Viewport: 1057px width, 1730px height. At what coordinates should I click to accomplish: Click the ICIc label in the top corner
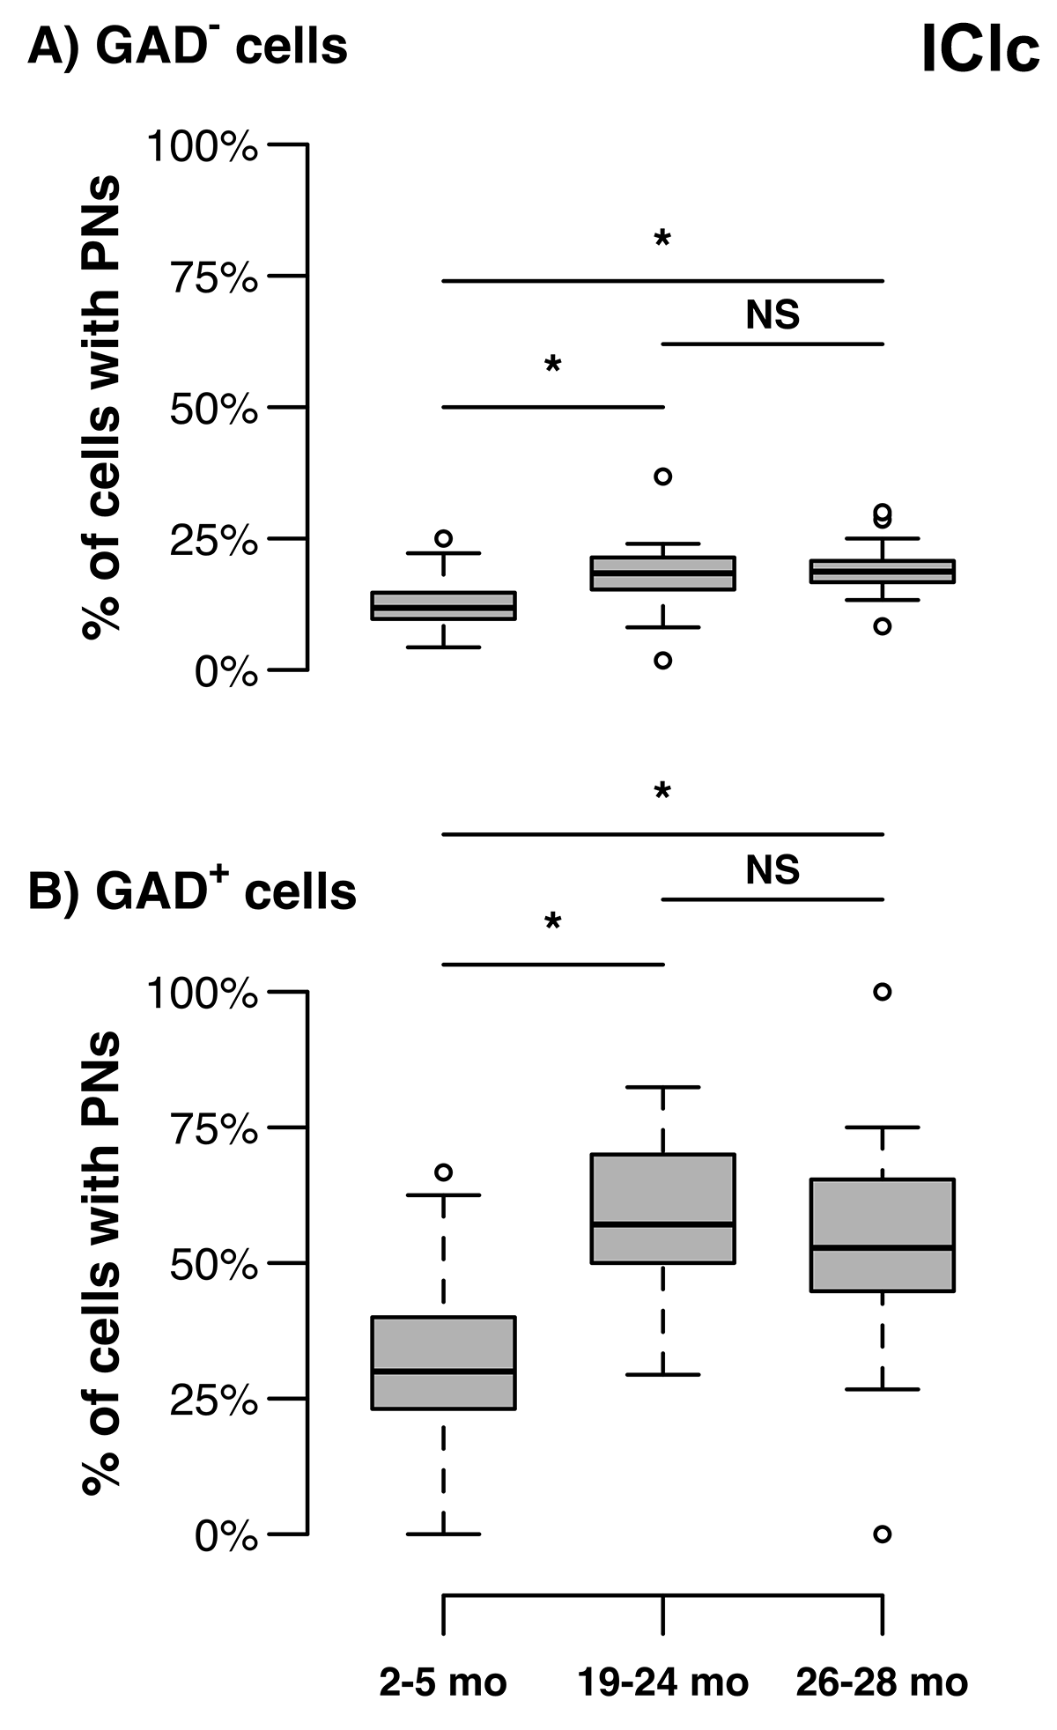(x=979, y=49)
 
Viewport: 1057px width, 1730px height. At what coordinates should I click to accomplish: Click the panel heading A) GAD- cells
(x=188, y=46)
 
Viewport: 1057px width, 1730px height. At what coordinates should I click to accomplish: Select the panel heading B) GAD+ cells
(x=192, y=891)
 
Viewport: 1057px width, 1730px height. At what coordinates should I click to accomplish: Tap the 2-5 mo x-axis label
(x=443, y=1682)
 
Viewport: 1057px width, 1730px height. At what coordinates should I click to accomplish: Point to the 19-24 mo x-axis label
(x=662, y=1682)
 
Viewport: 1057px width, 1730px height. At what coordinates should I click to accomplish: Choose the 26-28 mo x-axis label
(x=882, y=1682)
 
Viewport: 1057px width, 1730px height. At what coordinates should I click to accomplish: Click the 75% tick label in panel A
(x=214, y=278)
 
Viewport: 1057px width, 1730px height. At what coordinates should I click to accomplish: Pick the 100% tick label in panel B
(x=203, y=994)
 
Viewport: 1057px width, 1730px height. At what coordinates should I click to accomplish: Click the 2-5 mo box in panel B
(x=443, y=1362)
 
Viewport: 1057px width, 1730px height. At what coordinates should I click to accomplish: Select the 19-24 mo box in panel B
(x=662, y=1208)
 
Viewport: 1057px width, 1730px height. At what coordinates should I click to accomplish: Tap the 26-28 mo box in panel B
(x=882, y=1234)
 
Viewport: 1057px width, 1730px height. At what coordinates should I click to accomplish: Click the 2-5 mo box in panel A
(x=443, y=606)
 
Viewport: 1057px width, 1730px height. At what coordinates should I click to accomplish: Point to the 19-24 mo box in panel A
(x=662, y=573)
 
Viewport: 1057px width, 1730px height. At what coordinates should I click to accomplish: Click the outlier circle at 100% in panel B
(x=882, y=992)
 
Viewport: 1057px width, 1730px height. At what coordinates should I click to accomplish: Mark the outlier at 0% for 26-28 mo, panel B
(x=882, y=1534)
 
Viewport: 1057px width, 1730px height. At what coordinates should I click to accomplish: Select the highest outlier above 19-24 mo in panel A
(x=662, y=477)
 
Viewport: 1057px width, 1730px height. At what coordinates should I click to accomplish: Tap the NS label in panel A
(x=772, y=314)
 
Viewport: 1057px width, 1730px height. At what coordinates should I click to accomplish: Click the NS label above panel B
(x=772, y=870)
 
